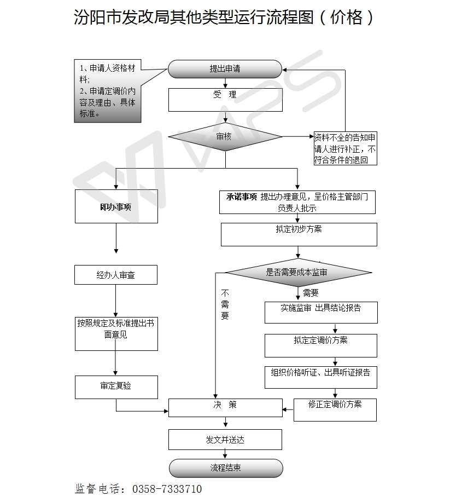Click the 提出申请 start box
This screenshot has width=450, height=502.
pyautogui.click(x=225, y=69)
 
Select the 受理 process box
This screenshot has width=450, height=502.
pyautogui.click(x=225, y=100)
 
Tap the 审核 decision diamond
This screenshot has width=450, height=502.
pyautogui.click(x=225, y=136)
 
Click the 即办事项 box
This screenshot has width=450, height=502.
pyautogui.click(x=116, y=206)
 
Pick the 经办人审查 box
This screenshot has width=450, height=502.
pyautogui.click(x=116, y=275)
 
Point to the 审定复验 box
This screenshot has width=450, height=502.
pyautogui.click(x=116, y=386)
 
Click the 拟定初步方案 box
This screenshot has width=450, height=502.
pyautogui.click(x=299, y=234)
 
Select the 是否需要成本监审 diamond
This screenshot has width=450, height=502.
pyautogui.click(x=299, y=272)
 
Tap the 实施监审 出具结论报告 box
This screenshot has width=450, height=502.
pyautogui.click(x=321, y=311)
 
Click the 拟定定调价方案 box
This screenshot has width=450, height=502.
pyautogui.click(x=321, y=345)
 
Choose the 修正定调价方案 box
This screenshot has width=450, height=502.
pyautogui.click(x=335, y=409)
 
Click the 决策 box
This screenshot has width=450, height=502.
pyautogui.click(x=225, y=407)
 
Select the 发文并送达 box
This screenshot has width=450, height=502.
pyautogui.click(x=225, y=439)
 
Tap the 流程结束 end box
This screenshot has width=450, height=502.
pyautogui.click(x=226, y=468)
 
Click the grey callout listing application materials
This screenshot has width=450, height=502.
pyautogui.click(x=108, y=90)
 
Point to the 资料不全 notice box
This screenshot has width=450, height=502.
pyautogui.click(x=345, y=148)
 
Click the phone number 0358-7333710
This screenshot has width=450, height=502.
pyautogui.click(x=167, y=489)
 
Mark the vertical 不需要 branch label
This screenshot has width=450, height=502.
pyautogui.click(x=225, y=305)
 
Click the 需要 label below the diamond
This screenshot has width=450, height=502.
pyautogui.click(x=311, y=293)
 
